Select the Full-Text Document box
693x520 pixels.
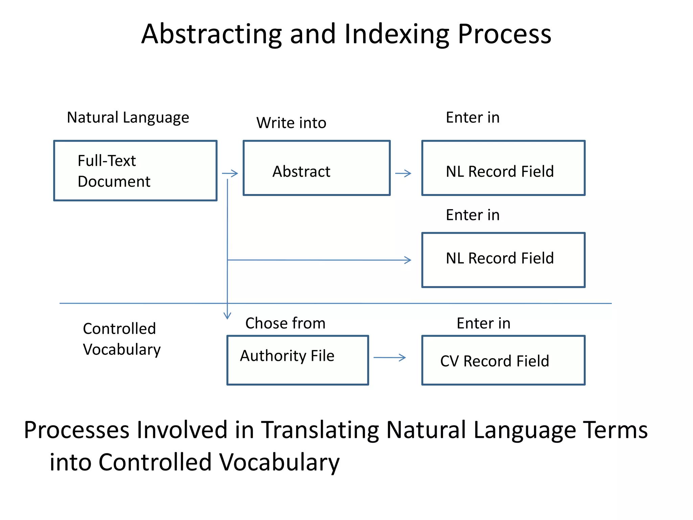coord(135,171)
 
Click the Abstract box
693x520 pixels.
coord(316,168)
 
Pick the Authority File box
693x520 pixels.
coord(297,360)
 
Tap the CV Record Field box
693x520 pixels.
coord(503,360)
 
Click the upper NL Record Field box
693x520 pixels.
coord(503,168)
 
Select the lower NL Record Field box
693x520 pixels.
coord(503,260)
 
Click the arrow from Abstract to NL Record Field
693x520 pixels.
coord(403,173)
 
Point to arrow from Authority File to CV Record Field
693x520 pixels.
coord(389,357)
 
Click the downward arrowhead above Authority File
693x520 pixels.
coord(227,316)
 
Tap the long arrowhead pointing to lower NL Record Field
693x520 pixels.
coord(408,260)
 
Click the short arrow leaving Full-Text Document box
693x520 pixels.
coord(230,173)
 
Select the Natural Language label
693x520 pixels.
coord(128,118)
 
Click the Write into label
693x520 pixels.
coord(291,123)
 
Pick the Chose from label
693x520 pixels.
coord(285,323)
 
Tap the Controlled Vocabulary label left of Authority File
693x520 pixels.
coord(121,339)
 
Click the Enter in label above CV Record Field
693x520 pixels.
coord(483,323)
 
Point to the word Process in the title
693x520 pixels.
coord(504,34)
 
